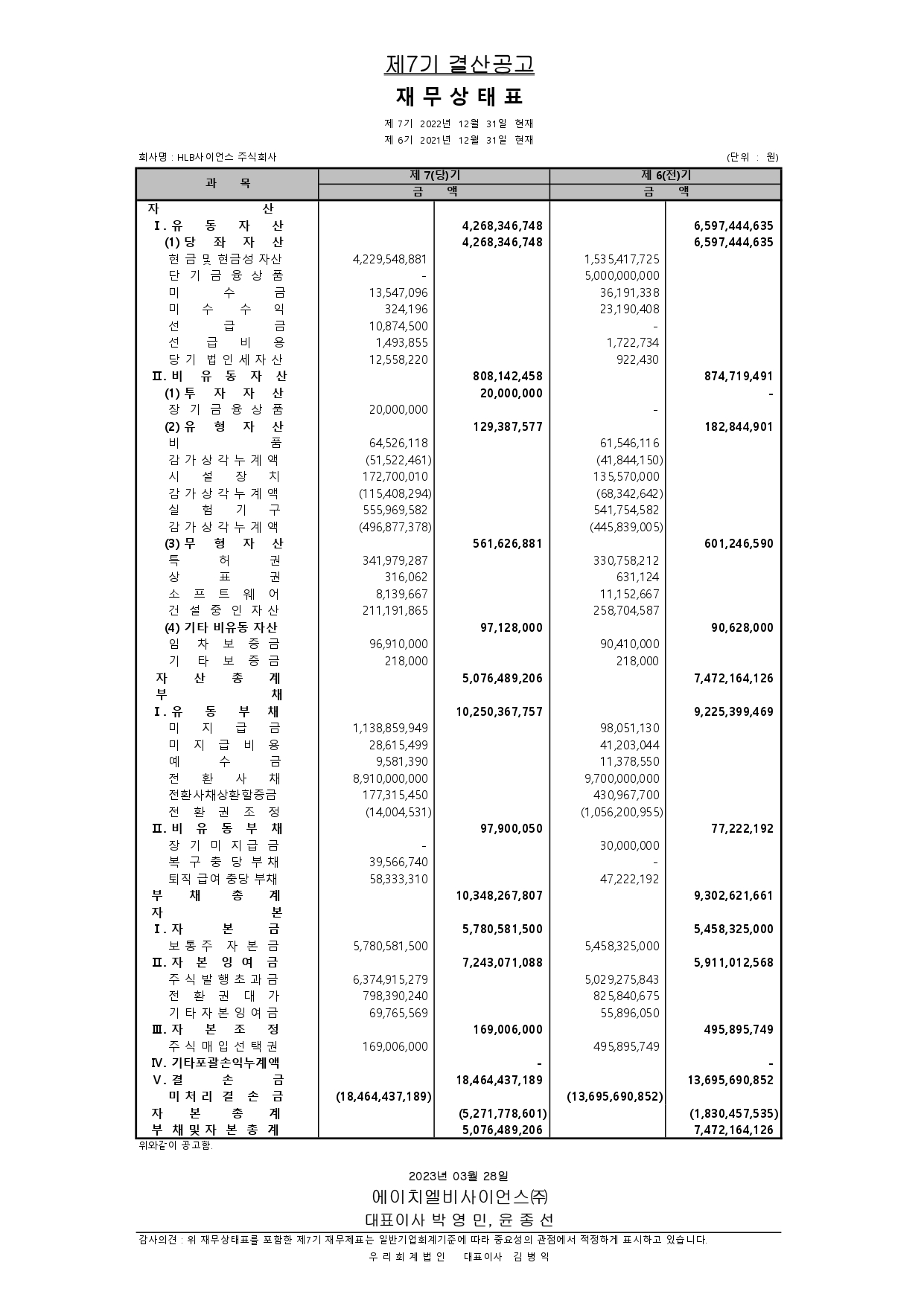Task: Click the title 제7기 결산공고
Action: click(x=459, y=65)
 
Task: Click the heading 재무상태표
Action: click(x=459, y=97)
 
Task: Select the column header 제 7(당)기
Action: click(x=435, y=176)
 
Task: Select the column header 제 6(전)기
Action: click(x=666, y=176)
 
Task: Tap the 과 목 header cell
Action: click(x=227, y=183)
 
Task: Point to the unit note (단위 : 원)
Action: click(x=752, y=157)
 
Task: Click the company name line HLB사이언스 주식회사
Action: click(x=208, y=157)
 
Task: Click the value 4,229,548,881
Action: click(x=390, y=259)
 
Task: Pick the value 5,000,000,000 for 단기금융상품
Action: click(x=622, y=276)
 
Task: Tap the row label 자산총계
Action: click(x=217, y=679)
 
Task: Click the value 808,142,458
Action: click(x=508, y=377)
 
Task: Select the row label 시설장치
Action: click(x=224, y=477)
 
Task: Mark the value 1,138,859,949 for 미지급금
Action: click(x=390, y=728)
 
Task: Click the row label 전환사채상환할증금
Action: click(x=223, y=795)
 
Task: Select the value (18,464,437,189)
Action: click(x=383, y=1096)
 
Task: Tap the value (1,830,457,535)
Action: click(x=733, y=1113)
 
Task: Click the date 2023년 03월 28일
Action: click(x=459, y=1176)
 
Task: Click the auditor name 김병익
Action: click(x=531, y=1257)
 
